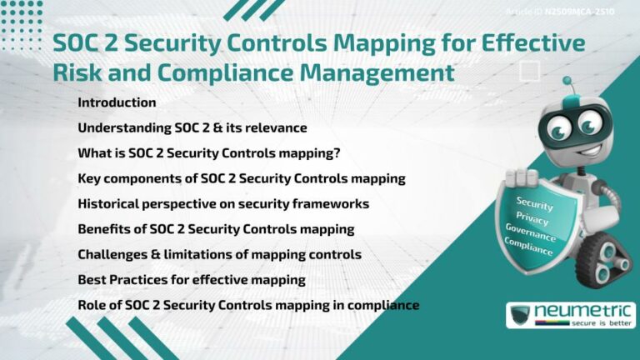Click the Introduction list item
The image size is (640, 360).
point(117,102)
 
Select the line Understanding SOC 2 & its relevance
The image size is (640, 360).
point(192,127)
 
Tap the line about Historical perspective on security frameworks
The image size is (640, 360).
point(223,203)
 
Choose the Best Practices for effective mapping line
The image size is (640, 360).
point(192,279)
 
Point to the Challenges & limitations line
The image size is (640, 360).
point(219,254)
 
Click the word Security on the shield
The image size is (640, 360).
point(534,202)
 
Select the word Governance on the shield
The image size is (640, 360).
point(531,234)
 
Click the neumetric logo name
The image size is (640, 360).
point(582,311)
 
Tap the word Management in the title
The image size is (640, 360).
point(377,72)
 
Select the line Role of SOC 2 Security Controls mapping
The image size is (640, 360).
point(247,305)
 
